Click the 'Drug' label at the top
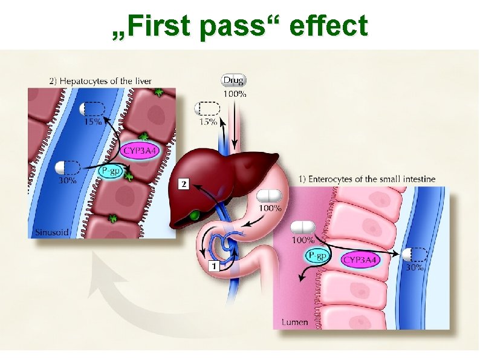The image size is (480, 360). click(234, 80)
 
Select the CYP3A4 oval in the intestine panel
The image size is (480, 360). click(361, 260)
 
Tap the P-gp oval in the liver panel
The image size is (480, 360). click(111, 172)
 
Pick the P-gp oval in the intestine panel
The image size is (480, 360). click(317, 256)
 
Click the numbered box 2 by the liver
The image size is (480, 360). click(183, 183)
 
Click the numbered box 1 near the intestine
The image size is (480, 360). click(213, 264)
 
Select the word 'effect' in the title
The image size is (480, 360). click(328, 26)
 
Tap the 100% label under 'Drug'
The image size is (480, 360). click(235, 94)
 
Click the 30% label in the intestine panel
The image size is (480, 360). click(414, 267)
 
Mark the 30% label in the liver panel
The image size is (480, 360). click(67, 180)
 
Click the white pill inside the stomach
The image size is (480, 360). click(270, 196)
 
